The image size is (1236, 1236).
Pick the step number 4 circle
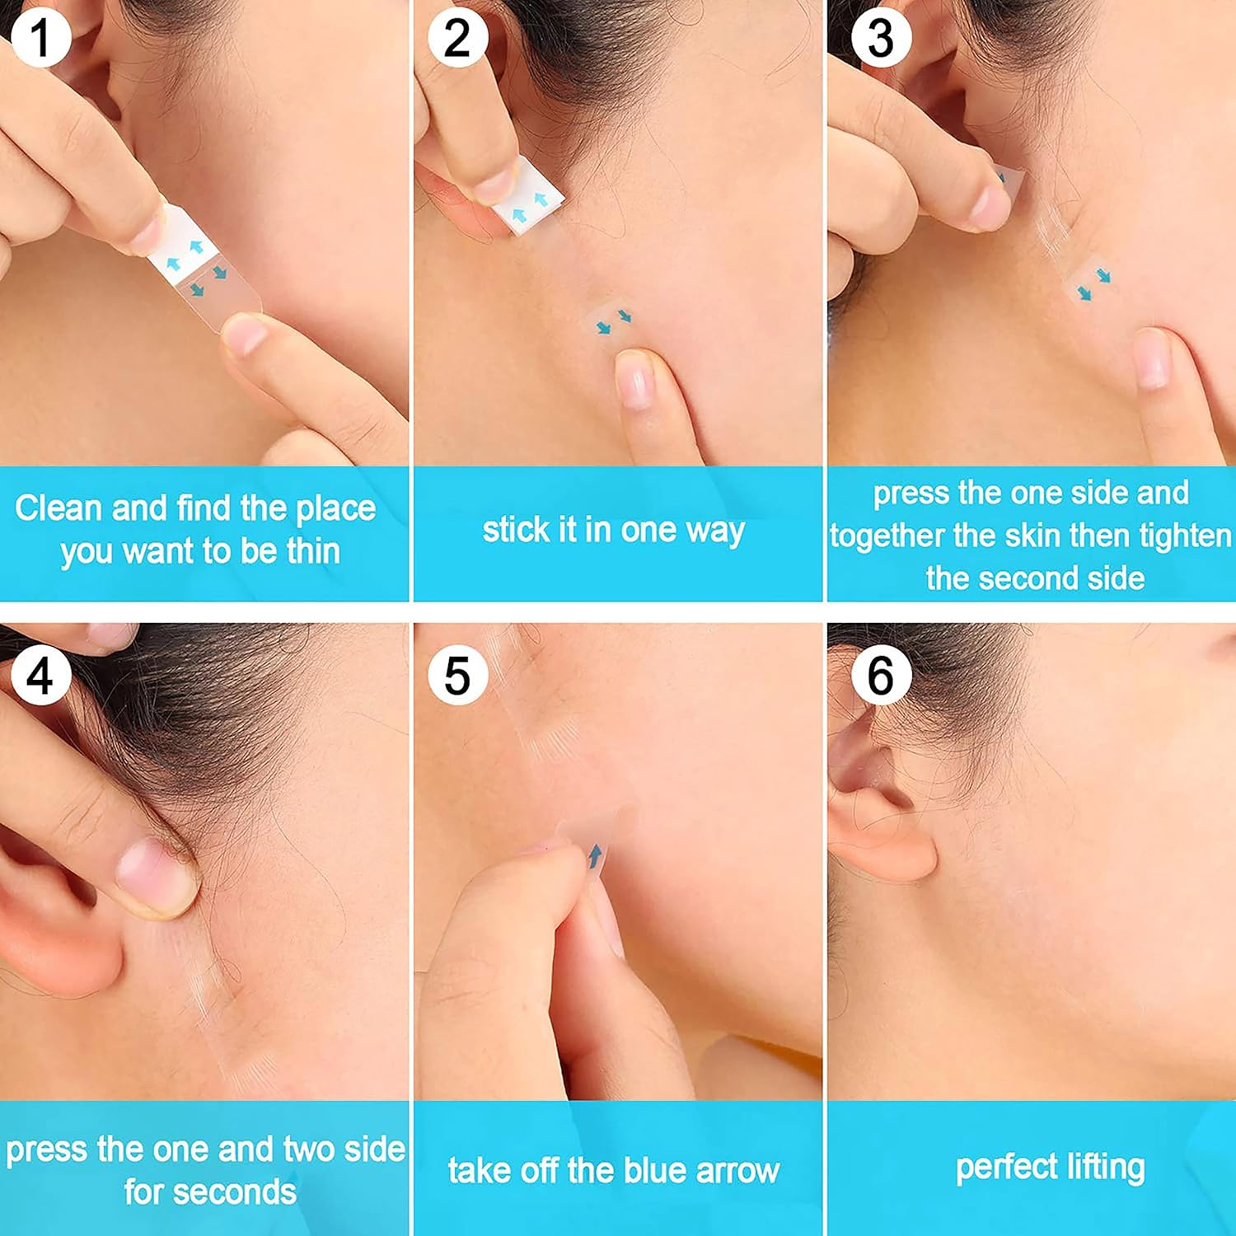(40, 676)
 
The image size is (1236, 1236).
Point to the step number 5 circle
(457, 676)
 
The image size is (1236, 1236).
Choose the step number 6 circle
(880, 676)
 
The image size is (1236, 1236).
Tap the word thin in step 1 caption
(313, 550)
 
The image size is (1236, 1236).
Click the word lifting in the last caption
(1106, 1168)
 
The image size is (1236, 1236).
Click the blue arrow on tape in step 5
(595, 857)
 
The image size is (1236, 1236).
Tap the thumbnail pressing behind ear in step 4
(148, 875)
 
